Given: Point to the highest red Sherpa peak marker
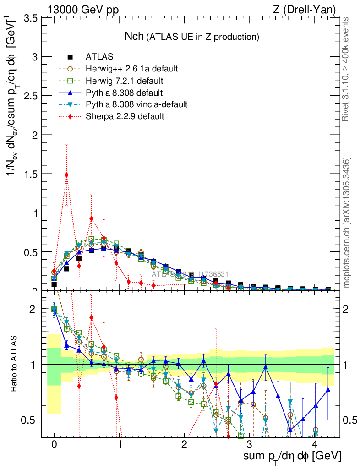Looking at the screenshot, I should click(x=67, y=175).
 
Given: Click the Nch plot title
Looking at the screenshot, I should click(x=192, y=36).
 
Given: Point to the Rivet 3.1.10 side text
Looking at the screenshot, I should click(x=346, y=69).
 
